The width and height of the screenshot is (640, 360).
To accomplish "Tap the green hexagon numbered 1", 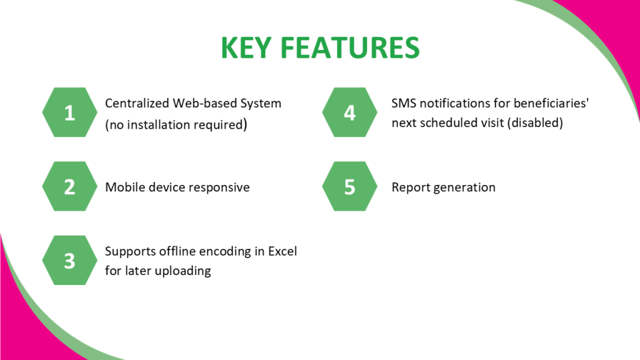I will pyautogui.click(x=69, y=112).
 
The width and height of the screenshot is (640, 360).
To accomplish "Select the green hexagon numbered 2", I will pyautogui.click(x=69, y=187).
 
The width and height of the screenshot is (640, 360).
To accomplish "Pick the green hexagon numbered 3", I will pyautogui.click(x=69, y=261).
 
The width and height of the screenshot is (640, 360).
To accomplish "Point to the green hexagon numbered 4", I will pyautogui.click(x=349, y=112).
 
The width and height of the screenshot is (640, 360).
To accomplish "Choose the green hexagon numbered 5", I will pyautogui.click(x=349, y=187).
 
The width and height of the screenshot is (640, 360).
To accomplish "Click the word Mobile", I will pyautogui.click(x=124, y=187).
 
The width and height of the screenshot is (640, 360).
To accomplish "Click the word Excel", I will pyautogui.click(x=282, y=251).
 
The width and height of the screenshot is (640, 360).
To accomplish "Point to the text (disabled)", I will pyautogui.click(x=535, y=123).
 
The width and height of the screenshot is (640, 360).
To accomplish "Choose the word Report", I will pyautogui.click(x=410, y=187).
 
